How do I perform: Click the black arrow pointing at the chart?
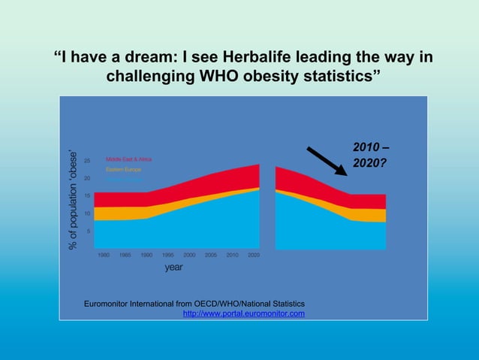327,158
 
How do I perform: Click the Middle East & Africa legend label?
127,159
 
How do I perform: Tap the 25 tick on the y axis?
87,160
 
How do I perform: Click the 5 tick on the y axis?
89,231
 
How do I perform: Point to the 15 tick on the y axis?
87,195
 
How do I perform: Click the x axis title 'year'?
173,267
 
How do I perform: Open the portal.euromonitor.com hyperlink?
243,313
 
